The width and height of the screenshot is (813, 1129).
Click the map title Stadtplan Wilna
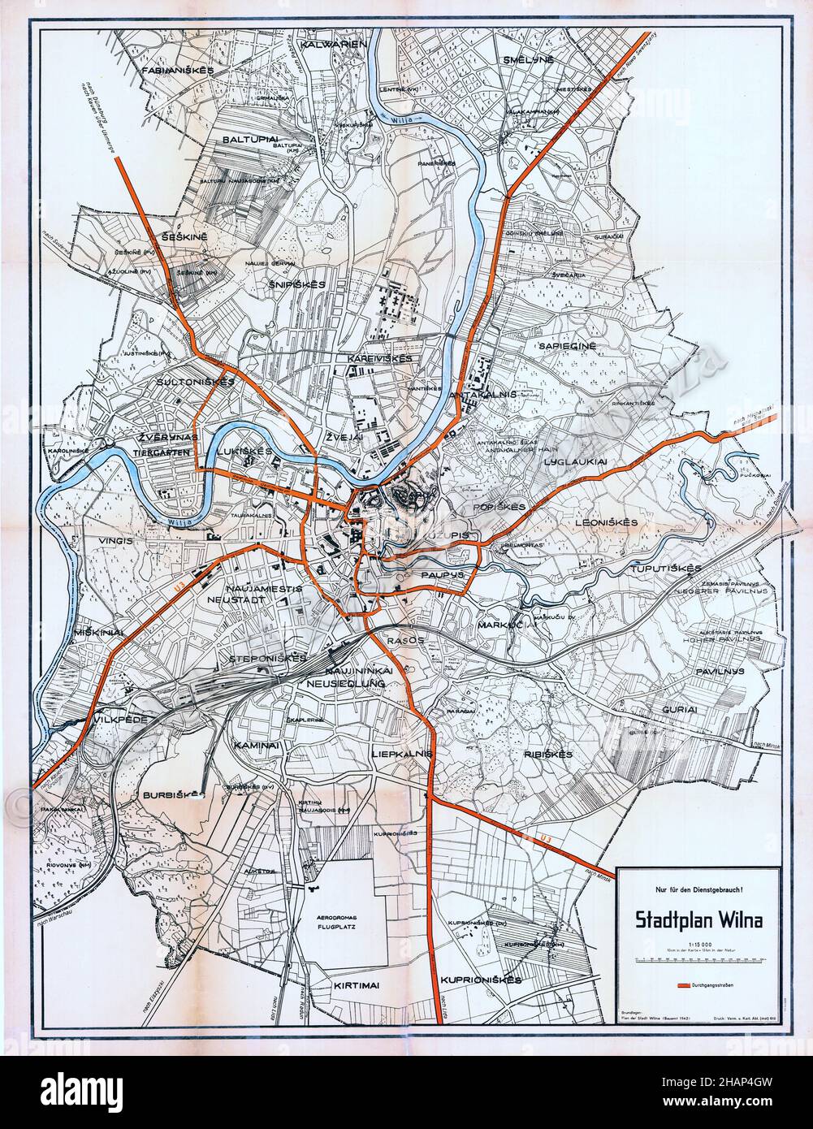pyautogui.click(x=697, y=922)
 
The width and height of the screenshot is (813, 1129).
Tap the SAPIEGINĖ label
pyautogui.click(x=567, y=346)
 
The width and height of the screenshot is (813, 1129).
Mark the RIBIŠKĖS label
pyautogui.click(x=549, y=754)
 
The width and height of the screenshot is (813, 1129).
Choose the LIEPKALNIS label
pyautogui.click(x=399, y=754)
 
